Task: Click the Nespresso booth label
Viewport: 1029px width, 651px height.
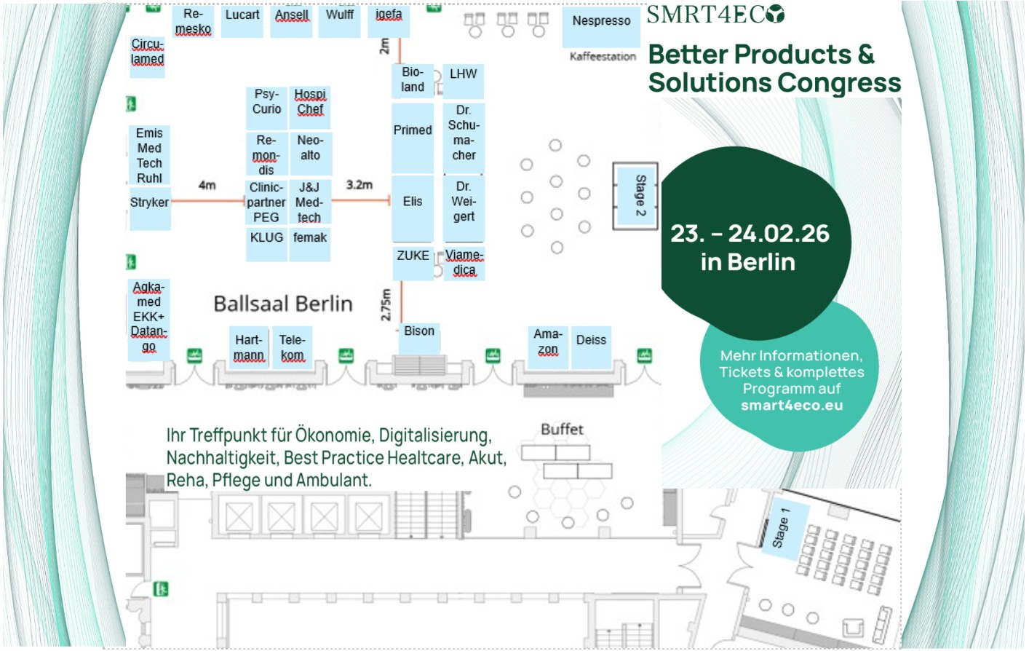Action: pos(601,21)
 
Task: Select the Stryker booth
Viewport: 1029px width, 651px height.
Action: pos(149,202)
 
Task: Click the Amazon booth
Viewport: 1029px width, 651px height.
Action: pos(548,342)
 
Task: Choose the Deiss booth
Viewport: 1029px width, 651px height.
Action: pos(591,340)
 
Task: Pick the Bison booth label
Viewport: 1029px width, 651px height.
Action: pos(419,331)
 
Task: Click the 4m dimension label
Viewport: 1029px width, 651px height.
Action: pos(207,186)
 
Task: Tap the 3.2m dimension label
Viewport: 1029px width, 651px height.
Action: pos(359,185)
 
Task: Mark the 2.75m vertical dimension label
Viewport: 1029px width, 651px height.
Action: pos(386,304)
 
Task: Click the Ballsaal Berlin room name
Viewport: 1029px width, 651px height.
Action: pos(282,304)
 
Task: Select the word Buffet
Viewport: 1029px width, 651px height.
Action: pos(562,430)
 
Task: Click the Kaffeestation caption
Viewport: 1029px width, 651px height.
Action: pos(603,57)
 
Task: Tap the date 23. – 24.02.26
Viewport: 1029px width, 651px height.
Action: pos(750,234)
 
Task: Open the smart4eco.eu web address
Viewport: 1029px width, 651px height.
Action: pos(792,406)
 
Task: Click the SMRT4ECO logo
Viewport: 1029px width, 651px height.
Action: pos(715,15)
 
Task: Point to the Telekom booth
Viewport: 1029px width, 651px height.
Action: pos(292,347)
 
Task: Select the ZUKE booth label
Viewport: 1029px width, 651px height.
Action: pos(413,256)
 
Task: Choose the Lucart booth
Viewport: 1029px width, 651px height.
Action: pos(242,15)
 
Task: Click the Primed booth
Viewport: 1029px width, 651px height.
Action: pos(413,130)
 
